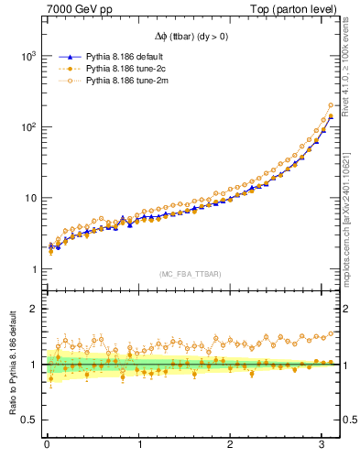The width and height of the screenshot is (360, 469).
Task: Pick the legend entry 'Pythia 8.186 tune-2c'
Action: pyautogui.click(x=110, y=70)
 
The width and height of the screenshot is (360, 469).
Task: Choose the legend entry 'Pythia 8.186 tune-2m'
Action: pyautogui.click(x=110, y=82)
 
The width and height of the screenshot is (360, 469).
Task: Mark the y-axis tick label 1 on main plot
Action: pyautogui.click(x=33, y=269)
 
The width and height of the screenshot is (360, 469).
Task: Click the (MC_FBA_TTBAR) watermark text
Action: pyautogui.click(x=191, y=275)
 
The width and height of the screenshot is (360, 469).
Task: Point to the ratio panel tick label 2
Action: pyautogui.click(x=33, y=309)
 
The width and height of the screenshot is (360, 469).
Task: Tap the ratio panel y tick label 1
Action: pyautogui.click(x=33, y=365)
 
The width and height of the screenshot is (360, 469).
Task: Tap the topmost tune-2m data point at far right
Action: pyautogui.click(x=331, y=105)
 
